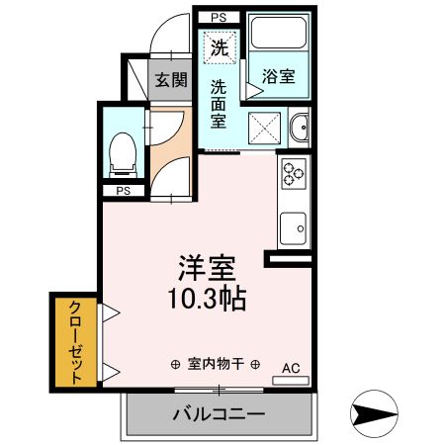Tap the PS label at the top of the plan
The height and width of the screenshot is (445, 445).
point(219,17)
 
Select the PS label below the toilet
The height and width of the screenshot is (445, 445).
point(124,190)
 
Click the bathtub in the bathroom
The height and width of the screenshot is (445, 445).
point(279,36)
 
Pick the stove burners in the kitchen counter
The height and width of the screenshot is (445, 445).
point(295,174)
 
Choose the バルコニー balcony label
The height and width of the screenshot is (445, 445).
point(219,415)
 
